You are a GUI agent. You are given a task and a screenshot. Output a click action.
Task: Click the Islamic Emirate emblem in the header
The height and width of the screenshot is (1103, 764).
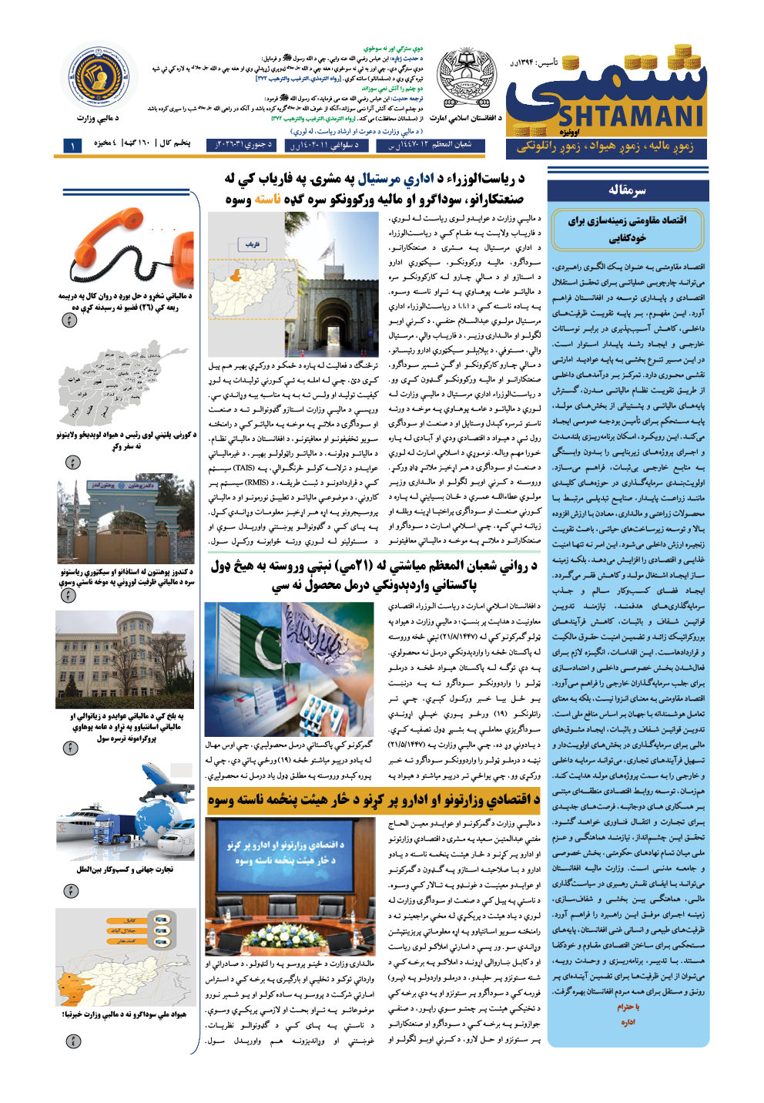coord(467,79)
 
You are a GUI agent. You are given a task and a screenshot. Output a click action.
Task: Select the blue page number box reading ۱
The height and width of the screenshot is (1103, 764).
coord(72,145)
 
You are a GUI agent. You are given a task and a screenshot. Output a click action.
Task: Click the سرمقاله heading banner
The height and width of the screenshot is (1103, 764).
coord(627,190)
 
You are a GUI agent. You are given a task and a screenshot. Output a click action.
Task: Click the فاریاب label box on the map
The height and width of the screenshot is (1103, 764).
coord(253,244)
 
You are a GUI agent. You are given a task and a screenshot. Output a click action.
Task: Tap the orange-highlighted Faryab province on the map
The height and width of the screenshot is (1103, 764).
coord(236,275)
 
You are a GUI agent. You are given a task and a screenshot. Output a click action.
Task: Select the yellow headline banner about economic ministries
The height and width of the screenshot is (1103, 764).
coord(374,799)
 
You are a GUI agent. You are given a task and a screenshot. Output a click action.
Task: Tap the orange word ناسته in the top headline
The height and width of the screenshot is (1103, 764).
coord(267,200)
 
